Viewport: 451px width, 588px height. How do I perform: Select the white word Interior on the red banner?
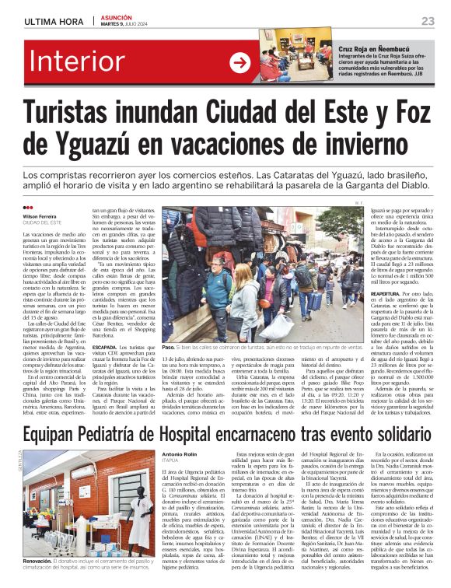tap(84, 64)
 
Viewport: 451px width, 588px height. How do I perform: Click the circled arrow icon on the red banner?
tap(239, 64)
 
